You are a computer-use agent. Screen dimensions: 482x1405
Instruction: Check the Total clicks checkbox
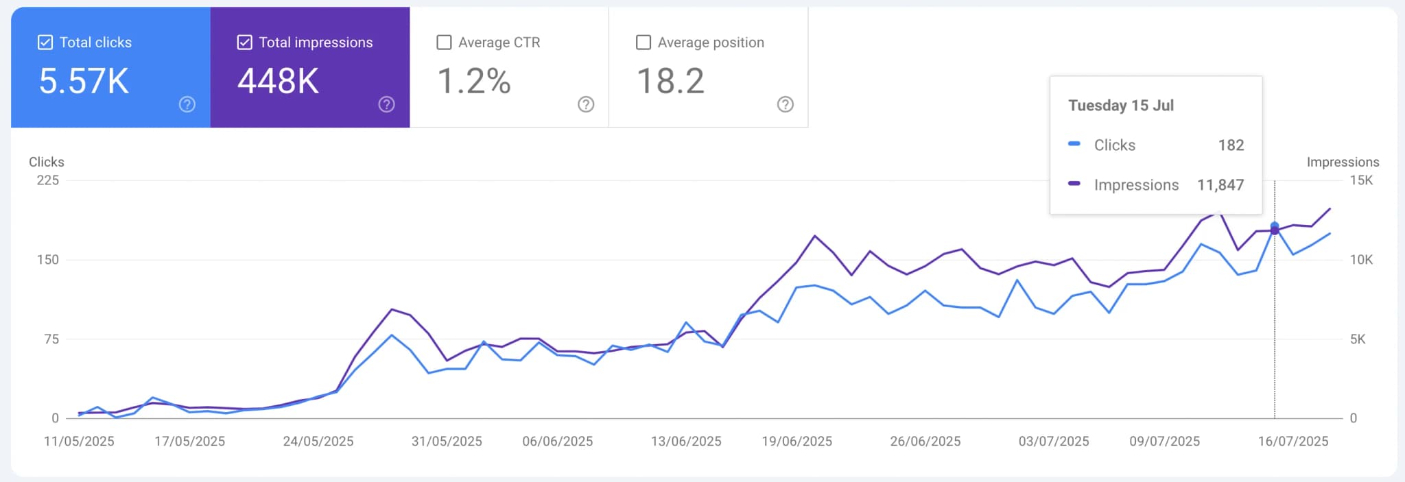coord(45,43)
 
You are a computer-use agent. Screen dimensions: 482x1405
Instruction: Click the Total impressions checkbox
coord(244,43)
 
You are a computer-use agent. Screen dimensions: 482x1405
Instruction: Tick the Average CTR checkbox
coord(444,43)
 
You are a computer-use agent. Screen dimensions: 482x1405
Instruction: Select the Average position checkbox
coord(644,43)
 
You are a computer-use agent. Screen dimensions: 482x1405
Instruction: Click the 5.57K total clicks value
coord(84,81)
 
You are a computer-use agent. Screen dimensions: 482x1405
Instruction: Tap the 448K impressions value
coord(278,81)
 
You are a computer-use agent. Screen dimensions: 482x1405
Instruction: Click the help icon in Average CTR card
coord(585,104)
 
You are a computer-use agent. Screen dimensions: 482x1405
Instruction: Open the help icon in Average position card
coord(785,104)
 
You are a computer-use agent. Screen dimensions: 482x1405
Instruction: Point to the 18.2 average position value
coord(670,81)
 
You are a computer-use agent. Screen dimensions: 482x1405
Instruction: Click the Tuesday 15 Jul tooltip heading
coord(1120,106)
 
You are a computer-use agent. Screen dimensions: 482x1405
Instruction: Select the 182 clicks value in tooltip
coord(1231,145)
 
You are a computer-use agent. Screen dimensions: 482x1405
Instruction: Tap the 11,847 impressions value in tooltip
coord(1220,185)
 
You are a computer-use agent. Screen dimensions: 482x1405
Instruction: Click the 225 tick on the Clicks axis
coord(48,180)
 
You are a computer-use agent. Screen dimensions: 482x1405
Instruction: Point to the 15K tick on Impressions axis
coord(1361,180)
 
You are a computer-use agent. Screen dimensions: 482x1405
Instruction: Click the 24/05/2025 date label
coord(318,442)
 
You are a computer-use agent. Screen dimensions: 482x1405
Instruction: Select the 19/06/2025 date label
coord(796,442)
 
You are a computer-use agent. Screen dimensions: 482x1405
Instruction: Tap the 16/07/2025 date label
coord(1292,442)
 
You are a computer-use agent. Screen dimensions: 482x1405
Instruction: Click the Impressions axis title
coord(1343,162)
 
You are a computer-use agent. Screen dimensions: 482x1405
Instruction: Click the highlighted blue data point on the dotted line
coord(1275,226)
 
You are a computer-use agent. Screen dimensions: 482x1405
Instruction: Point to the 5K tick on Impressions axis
coord(1357,339)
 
